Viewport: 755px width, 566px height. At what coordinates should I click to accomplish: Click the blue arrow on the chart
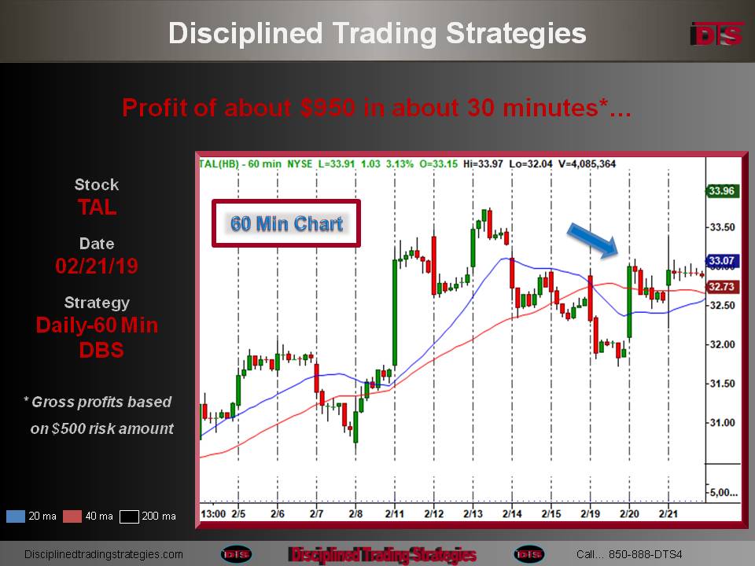(x=592, y=241)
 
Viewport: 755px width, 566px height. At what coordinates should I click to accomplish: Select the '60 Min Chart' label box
(x=286, y=223)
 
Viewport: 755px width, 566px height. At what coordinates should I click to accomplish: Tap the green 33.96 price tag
(x=721, y=190)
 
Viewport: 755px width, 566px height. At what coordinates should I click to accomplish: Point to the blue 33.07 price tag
(x=721, y=261)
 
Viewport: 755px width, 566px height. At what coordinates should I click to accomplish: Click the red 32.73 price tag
(x=721, y=287)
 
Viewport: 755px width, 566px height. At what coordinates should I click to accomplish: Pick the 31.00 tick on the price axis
(x=723, y=423)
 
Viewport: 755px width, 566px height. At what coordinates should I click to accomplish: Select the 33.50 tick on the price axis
(x=723, y=227)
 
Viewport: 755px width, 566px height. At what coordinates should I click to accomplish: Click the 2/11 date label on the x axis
(x=394, y=513)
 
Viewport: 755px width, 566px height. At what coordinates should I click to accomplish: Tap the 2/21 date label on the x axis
(x=668, y=513)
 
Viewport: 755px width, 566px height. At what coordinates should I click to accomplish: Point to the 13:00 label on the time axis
(x=213, y=513)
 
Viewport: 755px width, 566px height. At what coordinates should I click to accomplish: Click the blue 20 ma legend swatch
(x=16, y=516)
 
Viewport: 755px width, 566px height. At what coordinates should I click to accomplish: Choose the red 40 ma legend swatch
(x=72, y=516)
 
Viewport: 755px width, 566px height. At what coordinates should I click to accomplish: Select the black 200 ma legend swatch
(x=129, y=516)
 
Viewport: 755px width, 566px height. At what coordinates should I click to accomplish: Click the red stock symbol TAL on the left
(x=98, y=208)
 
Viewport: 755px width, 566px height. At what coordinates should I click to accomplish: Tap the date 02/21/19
(x=97, y=266)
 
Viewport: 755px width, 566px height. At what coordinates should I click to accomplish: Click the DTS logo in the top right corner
(x=716, y=34)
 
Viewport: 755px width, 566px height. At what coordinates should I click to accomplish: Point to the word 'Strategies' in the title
(x=516, y=34)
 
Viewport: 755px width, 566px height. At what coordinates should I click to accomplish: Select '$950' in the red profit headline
(x=328, y=108)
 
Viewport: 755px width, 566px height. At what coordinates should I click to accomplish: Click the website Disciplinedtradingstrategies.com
(x=104, y=554)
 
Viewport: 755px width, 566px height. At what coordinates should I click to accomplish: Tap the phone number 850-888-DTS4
(x=645, y=554)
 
